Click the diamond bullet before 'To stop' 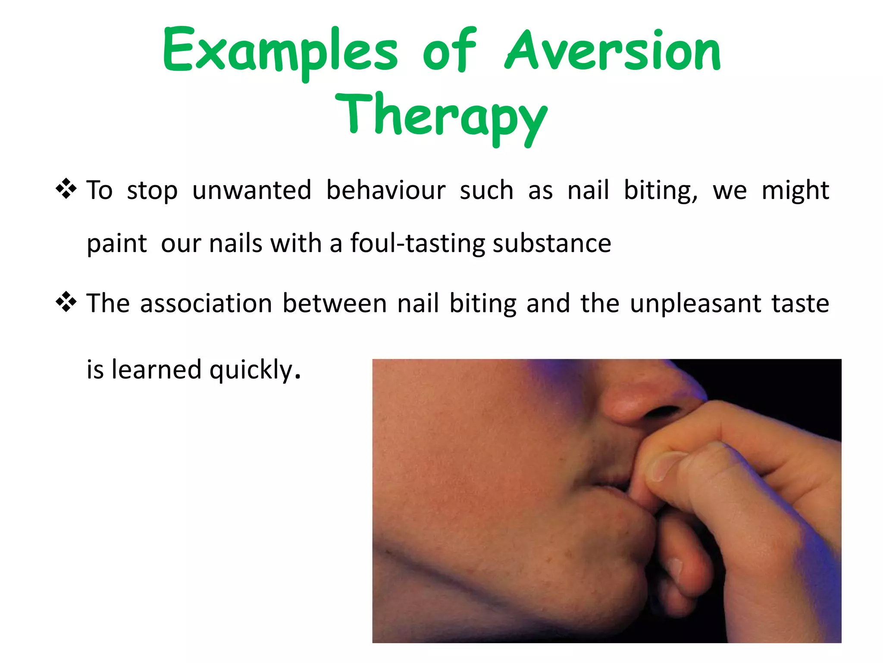tap(66, 189)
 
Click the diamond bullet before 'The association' tap(66, 302)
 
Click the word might tap(795, 191)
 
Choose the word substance tap(552, 243)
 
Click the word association tap(206, 303)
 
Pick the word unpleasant tap(695, 304)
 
